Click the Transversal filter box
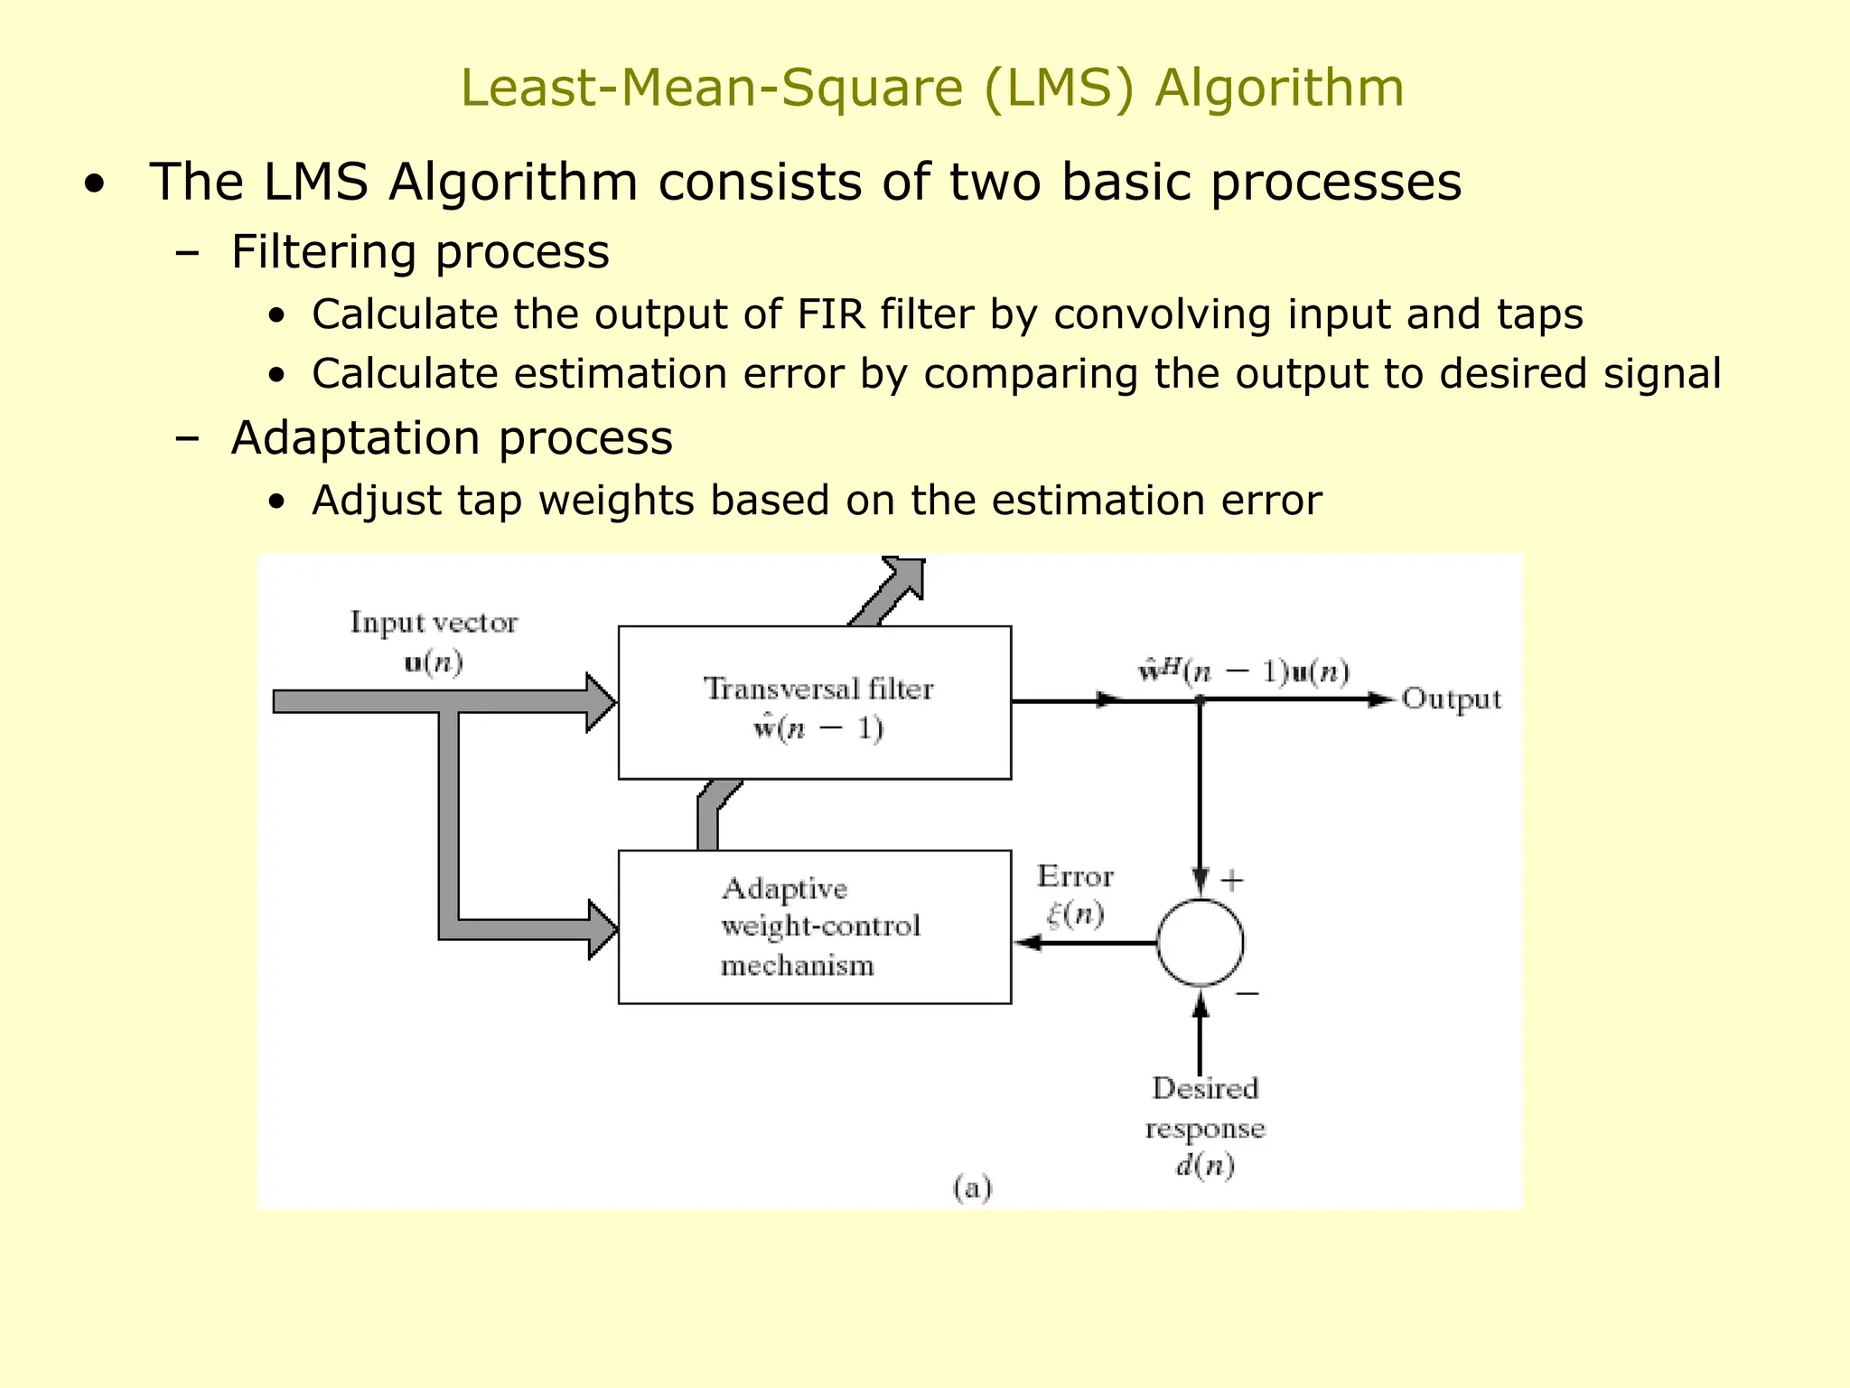(814, 702)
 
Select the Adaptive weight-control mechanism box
(814, 926)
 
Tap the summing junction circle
(1200, 943)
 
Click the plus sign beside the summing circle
(1232, 880)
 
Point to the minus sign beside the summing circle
(1247, 993)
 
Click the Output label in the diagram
(1451, 699)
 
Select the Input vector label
(434, 623)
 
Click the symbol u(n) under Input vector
(434, 663)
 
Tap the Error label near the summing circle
(1075, 877)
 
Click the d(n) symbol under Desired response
(1204, 1166)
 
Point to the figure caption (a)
(972, 1187)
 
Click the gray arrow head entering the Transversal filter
(600, 702)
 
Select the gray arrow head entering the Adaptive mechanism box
(602, 929)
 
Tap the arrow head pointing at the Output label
(1382, 699)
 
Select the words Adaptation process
(452, 438)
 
